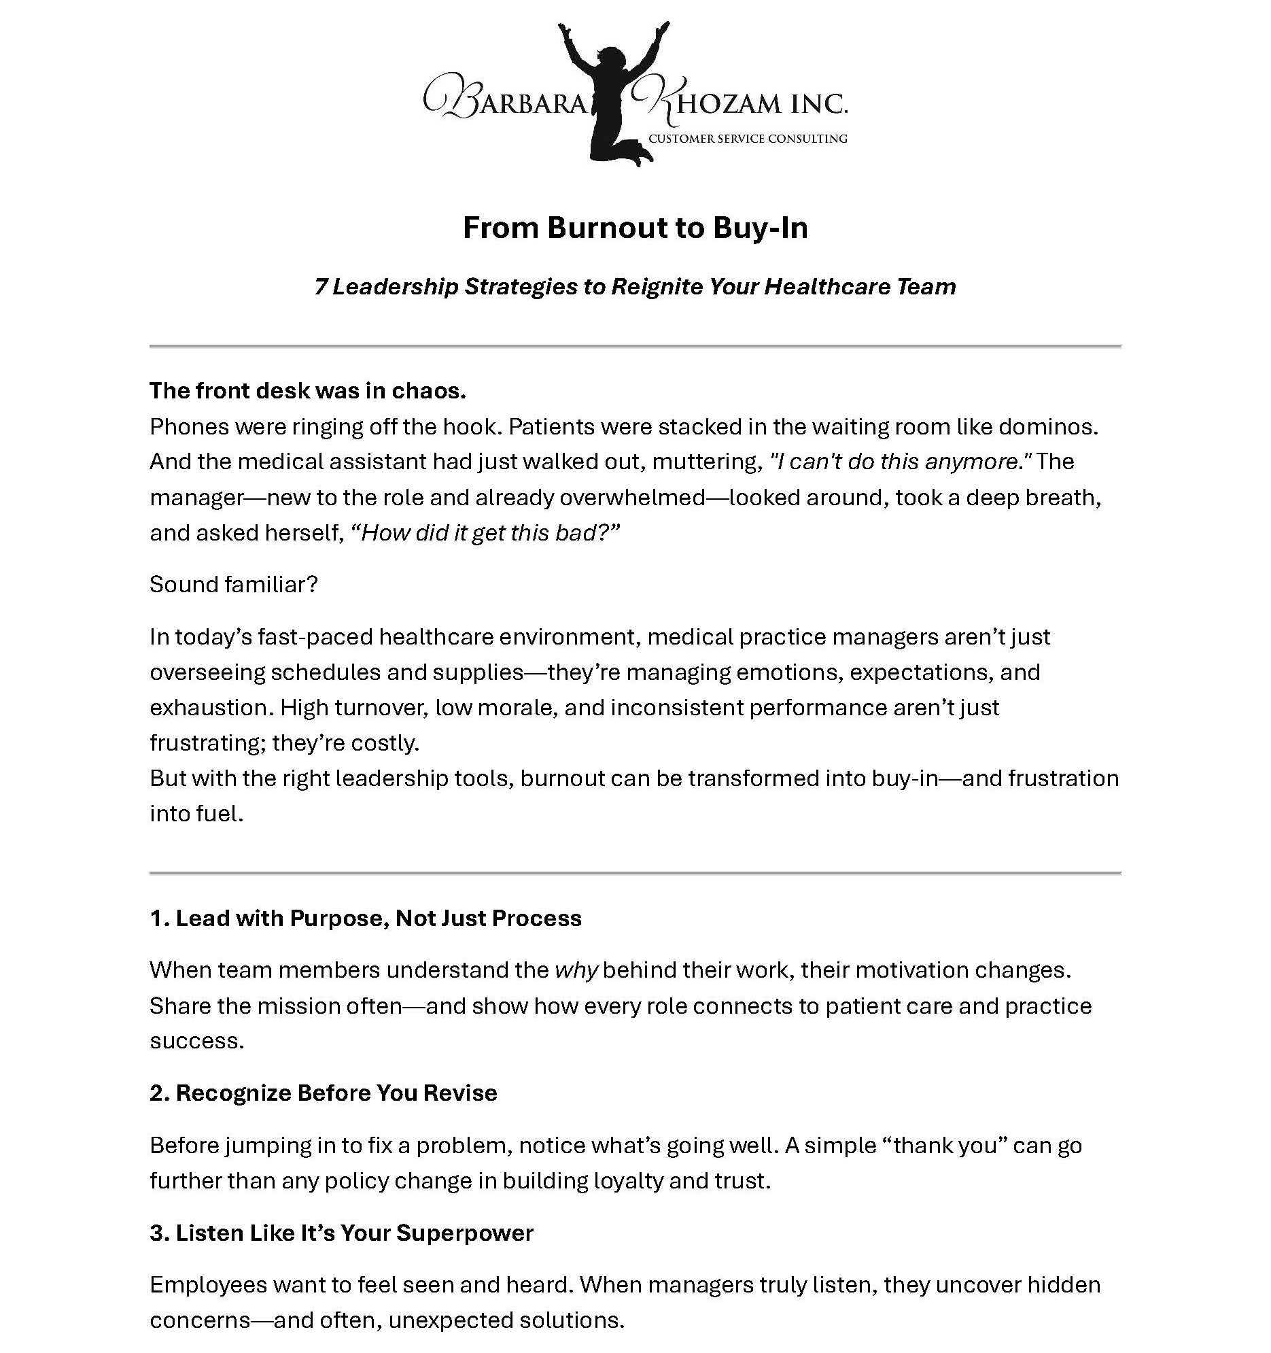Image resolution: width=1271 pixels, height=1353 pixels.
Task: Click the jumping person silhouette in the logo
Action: [607, 95]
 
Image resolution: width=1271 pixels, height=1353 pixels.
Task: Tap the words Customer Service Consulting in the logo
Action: [747, 139]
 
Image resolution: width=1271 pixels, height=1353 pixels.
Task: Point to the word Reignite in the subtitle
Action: [656, 286]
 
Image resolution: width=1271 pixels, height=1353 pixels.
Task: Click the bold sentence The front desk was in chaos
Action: [307, 391]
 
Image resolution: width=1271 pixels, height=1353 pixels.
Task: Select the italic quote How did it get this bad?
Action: [485, 532]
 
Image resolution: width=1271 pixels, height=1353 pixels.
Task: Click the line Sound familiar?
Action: [233, 585]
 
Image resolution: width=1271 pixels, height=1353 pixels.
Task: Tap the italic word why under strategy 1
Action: [576, 970]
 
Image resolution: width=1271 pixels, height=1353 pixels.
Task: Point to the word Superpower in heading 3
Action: [464, 1233]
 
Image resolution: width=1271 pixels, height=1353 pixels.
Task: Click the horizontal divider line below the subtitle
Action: [635, 347]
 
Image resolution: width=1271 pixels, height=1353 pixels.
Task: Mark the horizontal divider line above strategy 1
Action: [635, 872]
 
